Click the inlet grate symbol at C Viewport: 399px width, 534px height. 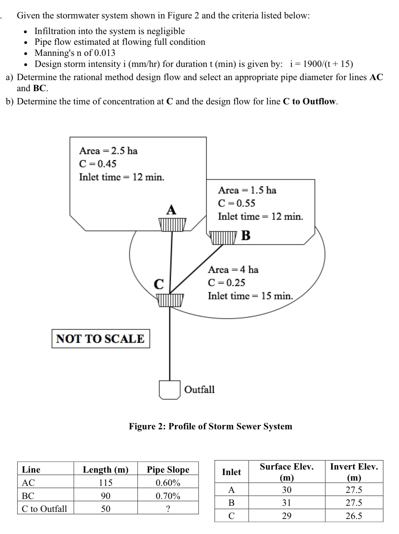pyautogui.click(x=170, y=300)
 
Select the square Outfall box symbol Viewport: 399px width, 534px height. pyautogui.click(x=170, y=390)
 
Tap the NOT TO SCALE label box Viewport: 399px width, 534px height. pyautogui.click(x=101, y=339)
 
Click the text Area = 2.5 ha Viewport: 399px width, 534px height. pyautogui.click(x=108, y=151)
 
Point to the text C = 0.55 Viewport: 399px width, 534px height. pyautogui.click(x=236, y=203)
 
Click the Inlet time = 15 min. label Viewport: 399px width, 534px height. pyautogui.click(x=250, y=296)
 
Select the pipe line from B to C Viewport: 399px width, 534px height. pyautogui.click(x=196, y=269)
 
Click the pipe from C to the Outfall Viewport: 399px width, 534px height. pyautogui.click(x=170, y=344)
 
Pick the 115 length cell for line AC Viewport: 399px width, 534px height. pyautogui.click(x=106, y=483)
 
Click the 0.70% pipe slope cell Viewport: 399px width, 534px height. pyautogui.click(x=168, y=496)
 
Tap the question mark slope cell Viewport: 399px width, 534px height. pyautogui.click(x=168, y=509)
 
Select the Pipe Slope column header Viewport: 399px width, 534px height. pyautogui.click(x=168, y=470)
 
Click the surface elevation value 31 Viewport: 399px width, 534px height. pyautogui.click(x=286, y=503)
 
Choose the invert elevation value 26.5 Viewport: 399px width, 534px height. pyautogui.click(x=354, y=516)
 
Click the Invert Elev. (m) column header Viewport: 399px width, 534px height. pyautogui.click(x=354, y=472)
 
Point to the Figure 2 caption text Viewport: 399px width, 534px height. pyautogui.click(x=210, y=426)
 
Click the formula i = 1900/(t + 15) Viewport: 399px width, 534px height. pyautogui.click(x=321, y=64)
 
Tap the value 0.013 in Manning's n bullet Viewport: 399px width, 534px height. pyautogui.click(x=105, y=53)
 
